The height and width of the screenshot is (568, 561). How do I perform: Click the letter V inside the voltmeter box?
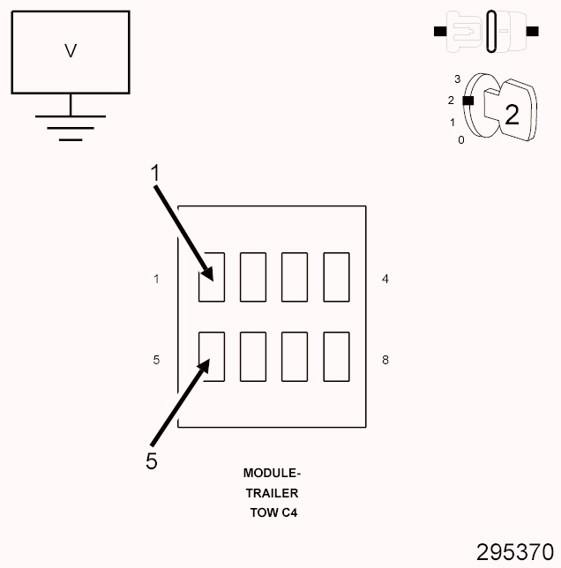point(71,51)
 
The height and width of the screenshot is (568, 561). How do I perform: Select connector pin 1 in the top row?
point(211,277)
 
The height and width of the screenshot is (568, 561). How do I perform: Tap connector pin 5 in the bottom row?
point(211,355)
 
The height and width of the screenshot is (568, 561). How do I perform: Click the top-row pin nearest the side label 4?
point(336,277)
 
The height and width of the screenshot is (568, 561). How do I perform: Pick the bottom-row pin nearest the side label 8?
point(336,355)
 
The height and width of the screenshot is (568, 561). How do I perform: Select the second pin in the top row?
point(253,277)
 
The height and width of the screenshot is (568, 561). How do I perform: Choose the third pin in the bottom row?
point(295,355)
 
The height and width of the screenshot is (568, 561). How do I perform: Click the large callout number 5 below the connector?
point(152,460)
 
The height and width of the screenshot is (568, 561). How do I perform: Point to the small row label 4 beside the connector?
point(385,279)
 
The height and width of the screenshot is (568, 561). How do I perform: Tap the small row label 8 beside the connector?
point(385,360)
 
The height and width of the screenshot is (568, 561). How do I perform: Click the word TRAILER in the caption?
point(272,493)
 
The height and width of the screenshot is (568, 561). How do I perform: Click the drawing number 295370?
point(515,552)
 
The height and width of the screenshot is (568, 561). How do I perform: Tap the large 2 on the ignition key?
point(512,114)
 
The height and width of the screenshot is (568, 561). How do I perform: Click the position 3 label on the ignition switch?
point(458,79)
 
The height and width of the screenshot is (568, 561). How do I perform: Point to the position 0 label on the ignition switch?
point(460,139)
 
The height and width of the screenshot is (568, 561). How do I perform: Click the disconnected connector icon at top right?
point(486,32)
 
